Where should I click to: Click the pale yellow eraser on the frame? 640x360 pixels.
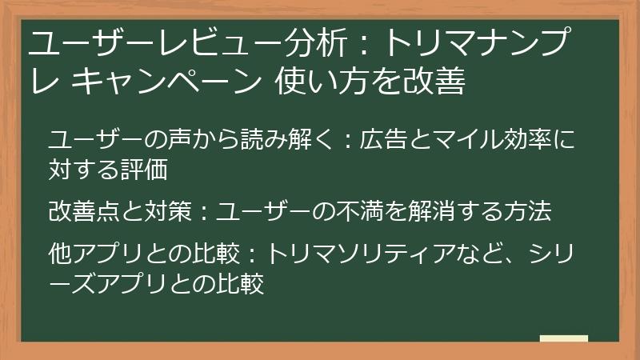tap(563, 338)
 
